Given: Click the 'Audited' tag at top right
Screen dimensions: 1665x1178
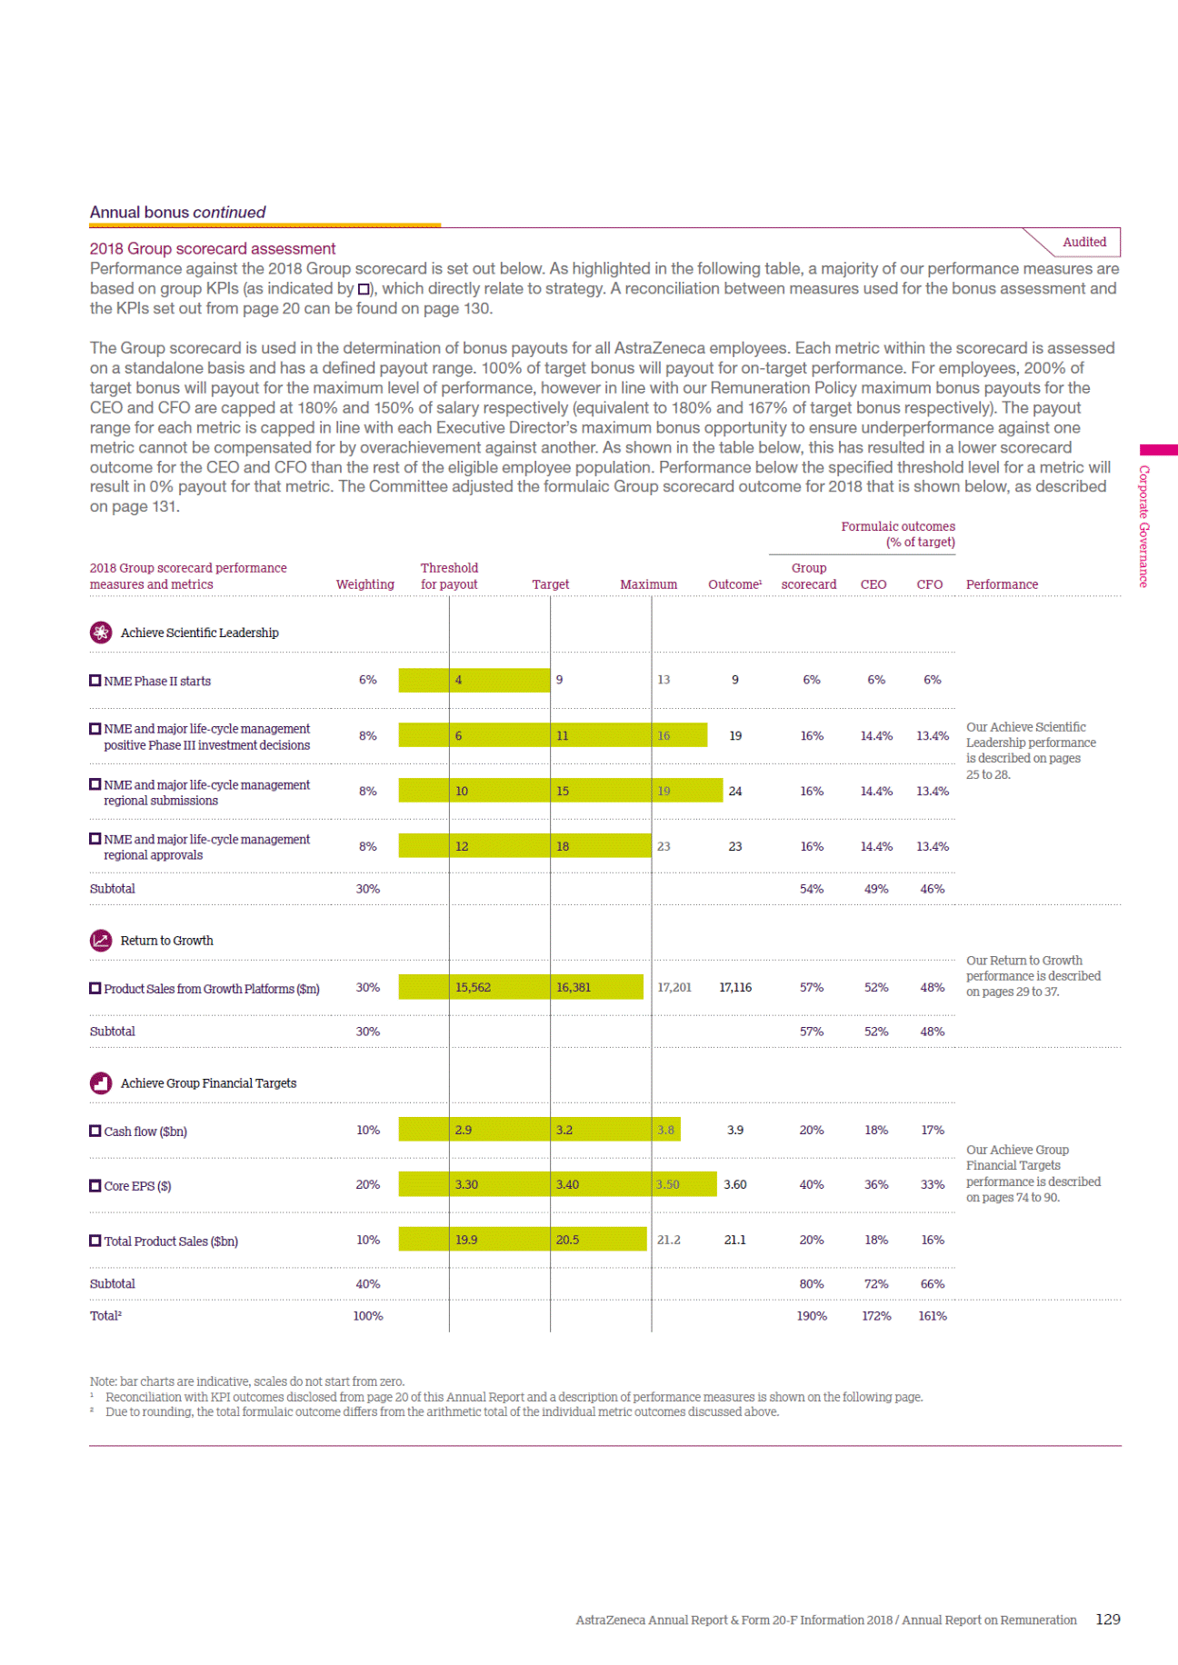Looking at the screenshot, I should pyautogui.click(x=1083, y=242).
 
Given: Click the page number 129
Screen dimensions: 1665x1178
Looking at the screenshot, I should pyautogui.click(x=1107, y=1619).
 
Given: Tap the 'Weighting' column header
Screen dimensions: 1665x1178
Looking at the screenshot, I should pyautogui.click(x=364, y=584).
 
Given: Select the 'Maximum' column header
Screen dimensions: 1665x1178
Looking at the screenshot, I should pyautogui.click(x=648, y=584).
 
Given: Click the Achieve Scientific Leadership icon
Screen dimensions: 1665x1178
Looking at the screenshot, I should pyautogui.click(x=101, y=633).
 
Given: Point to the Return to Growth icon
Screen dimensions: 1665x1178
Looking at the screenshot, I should pyautogui.click(x=101, y=941).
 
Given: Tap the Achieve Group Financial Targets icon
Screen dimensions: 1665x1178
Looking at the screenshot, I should pyautogui.click(x=101, y=1083).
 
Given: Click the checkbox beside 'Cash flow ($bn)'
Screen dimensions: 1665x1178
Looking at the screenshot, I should pyautogui.click(x=95, y=1131).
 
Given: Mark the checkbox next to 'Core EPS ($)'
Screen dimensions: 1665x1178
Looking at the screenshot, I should pyautogui.click(x=95, y=1185).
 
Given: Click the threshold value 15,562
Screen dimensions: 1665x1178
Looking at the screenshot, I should pyautogui.click(x=473, y=987).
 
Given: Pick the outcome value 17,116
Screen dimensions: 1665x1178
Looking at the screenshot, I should pyautogui.click(x=735, y=987).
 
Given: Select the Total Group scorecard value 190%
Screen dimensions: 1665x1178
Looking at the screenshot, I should pyautogui.click(x=811, y=1315).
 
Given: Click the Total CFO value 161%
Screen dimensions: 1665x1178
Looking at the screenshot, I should pyautogui.click(x=932, y=1315).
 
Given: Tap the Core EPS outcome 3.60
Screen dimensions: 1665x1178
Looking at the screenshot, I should pyautogui.click(x=734, y=1184).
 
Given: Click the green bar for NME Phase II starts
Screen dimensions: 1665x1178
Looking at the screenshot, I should pyautogui.click(x=474, y=680).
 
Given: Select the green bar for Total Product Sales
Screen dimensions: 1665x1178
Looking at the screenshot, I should pyautogui.click(x=523, y=1240).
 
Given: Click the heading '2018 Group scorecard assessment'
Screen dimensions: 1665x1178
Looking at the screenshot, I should pyautogui.click(x=212, y=248).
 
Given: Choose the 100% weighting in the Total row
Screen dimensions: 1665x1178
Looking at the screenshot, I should pyautogui.click(x=367, y=1315).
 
